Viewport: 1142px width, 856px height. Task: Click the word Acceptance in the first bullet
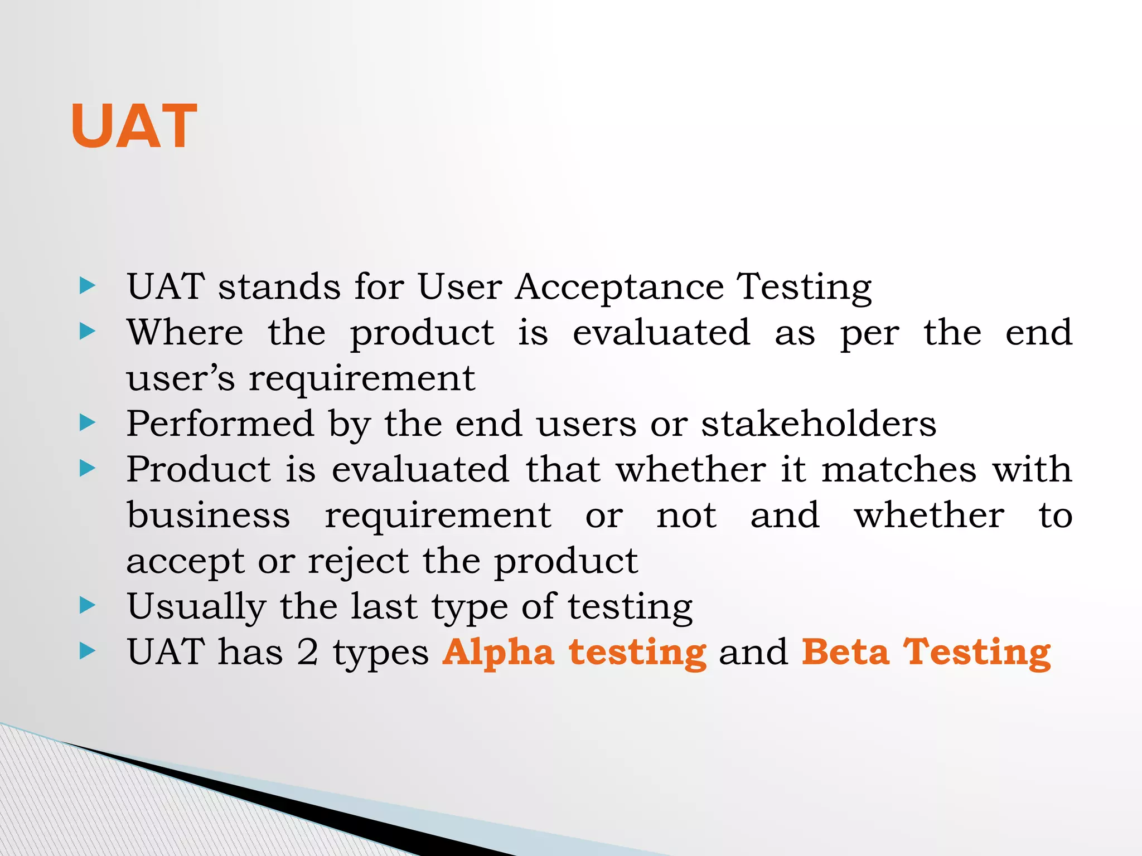pos(619,287)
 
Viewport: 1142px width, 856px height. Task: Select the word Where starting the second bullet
pos(185,333)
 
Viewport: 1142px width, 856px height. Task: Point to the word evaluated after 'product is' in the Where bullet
pos(661,333)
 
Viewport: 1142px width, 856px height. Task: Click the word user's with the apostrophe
pos(181,379)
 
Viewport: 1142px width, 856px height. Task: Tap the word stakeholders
pos(819,424)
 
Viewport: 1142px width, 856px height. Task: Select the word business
pos(209,515)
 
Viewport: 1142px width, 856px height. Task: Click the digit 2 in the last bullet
pos(307,653)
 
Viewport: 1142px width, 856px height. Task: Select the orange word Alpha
pos(498,653)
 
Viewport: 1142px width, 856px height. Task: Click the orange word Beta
pos(845,653)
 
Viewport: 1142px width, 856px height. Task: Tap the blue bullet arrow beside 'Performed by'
pos(88,424)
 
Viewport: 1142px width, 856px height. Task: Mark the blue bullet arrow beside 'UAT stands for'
pos(88,286)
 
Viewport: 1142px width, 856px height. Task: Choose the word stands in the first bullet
pos(279,287)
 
